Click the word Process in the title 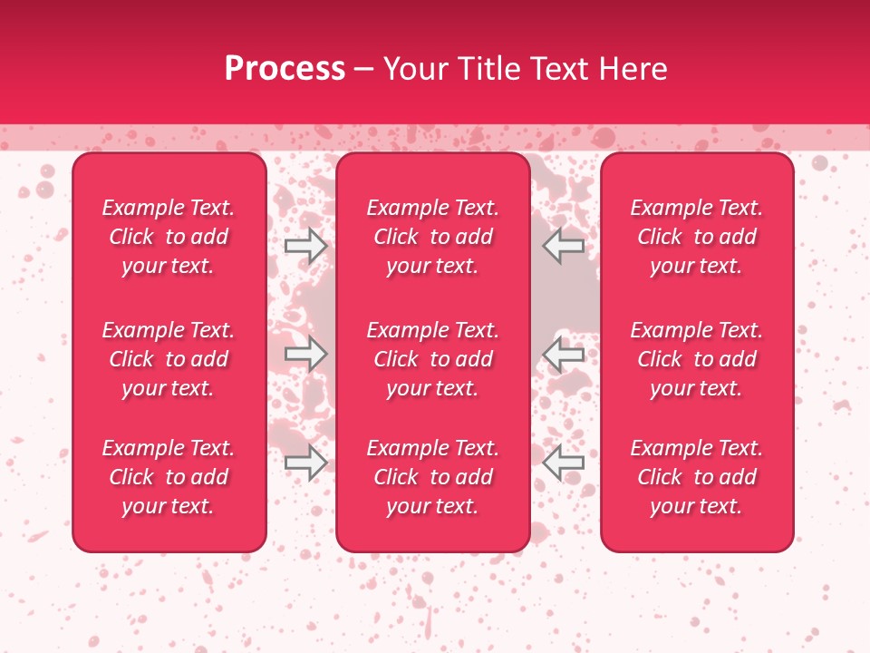(285, 69)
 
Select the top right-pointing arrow (305, 245)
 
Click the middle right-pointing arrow (305, 354)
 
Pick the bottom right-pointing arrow (305, 463)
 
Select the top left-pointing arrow (563, 245)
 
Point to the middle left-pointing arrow (563, 354)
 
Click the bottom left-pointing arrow (563, 463)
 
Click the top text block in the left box (169, 237)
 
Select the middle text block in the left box (169, 359)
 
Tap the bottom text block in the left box (169, 477)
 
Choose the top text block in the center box (432, 237)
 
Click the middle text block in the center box (432, 359)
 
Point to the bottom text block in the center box (432, 477)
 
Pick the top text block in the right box (697, 237)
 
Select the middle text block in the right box (697, 359)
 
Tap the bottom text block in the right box (697, 477)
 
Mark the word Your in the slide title (414, 69)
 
